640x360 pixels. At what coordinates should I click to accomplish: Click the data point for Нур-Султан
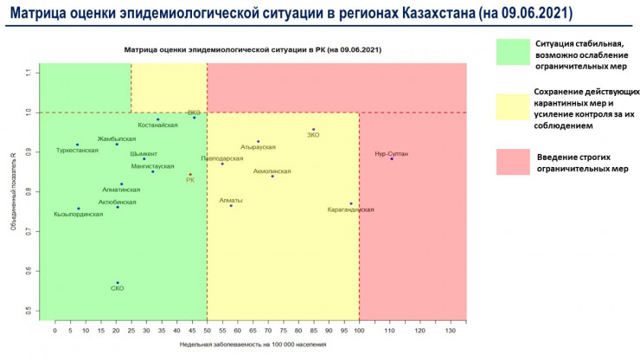click(392, 158)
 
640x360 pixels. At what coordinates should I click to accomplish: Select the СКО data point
click(118, 282)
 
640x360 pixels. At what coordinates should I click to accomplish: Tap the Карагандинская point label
click(351, 209)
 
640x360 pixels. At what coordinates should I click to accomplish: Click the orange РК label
click(190, 180)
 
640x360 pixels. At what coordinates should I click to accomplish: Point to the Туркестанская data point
click(77, 145)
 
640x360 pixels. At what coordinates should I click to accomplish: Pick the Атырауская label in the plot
click(258, 147)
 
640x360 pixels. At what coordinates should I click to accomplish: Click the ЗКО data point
click(314, 130)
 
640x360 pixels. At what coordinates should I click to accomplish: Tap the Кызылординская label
click(78, 214)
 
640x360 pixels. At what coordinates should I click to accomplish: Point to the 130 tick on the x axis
click(450, 331)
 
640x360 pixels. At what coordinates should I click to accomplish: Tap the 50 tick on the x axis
click(207, 331)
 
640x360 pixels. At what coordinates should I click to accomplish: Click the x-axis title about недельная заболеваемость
click(253, 344)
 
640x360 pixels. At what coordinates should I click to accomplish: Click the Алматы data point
click(231, 206)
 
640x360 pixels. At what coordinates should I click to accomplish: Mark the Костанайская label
click(157, 125)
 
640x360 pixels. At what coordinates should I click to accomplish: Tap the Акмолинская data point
click(272, 177)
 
